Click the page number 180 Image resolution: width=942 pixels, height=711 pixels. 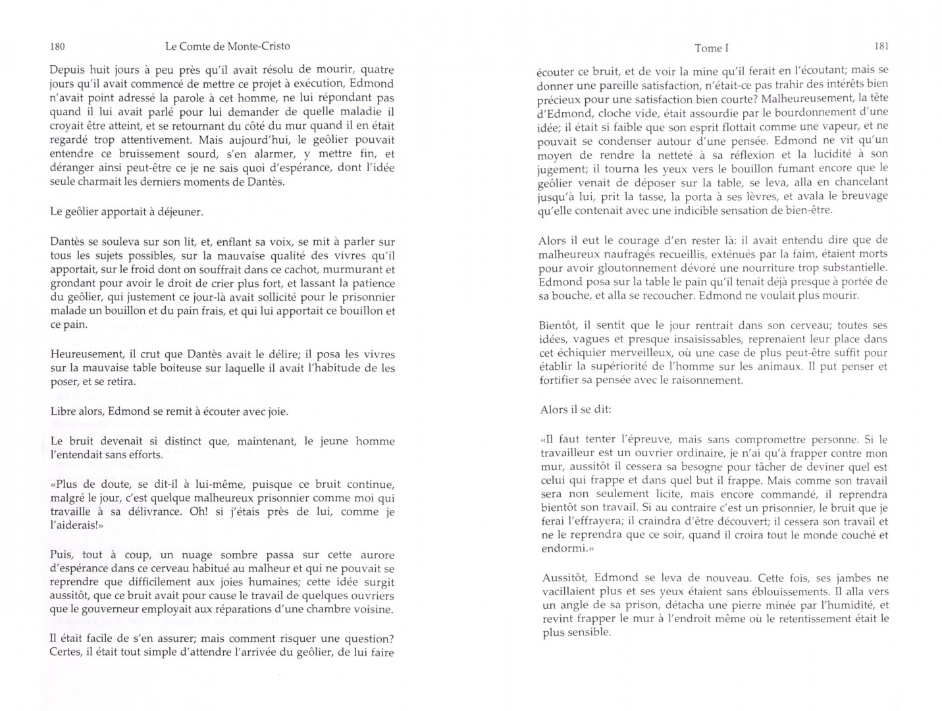pyautogui.click(x=57, y=47)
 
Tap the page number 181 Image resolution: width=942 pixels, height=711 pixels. pyautogui.click(x=881, y=46)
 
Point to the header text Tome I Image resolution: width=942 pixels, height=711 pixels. pyautogui.click(x=712, y=48)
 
